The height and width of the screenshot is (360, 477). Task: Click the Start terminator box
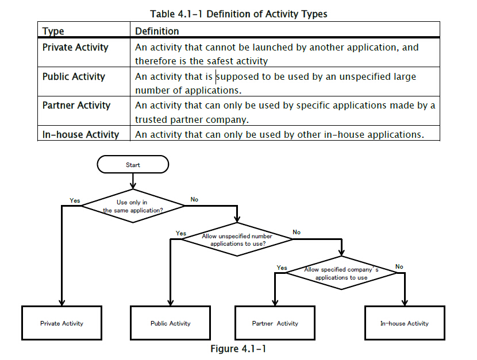tap(133, 164)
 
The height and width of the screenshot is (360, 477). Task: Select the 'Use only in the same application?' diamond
tap(133, 206)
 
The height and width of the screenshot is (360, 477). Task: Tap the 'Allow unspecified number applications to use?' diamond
tap(237, 239)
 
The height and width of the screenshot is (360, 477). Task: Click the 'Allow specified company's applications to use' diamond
tap(341, 273)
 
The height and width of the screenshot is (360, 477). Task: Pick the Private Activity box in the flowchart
tap(61, 323)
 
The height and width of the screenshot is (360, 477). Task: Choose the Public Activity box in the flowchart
tap(170, 323)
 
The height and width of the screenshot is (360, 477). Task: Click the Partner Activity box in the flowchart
tap(275, 323)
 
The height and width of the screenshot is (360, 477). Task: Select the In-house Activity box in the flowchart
tap(405, 323)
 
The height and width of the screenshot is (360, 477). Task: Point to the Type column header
tap(53, 31)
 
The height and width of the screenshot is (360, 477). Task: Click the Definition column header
tap(157, 31)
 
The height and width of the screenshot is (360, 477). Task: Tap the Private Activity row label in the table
tap(75, 48)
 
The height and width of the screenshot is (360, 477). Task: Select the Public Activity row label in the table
tap(74, 76)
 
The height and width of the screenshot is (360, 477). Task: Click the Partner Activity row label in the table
tap(76, 106)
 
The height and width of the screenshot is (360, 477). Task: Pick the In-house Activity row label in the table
tap(80, 134)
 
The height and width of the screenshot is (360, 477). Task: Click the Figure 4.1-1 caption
tap(238, 349)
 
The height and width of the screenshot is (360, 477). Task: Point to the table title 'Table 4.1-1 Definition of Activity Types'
tap(239, 14)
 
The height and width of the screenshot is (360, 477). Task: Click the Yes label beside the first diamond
tap(75, 200)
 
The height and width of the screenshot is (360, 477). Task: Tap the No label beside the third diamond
tap(399, 266)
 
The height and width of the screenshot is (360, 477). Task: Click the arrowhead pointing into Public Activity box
tap(170, 303)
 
